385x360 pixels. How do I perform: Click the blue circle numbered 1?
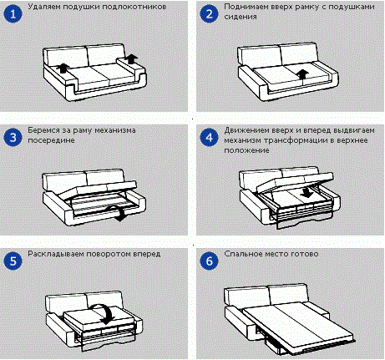(13, 14)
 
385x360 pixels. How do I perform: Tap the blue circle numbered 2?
(209, 14)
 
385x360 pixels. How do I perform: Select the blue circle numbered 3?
(13, 137)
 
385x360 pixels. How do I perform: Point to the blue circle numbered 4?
(209, 137)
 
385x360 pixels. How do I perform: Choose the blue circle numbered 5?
(13, 261)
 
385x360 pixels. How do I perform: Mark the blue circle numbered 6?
(209, 261)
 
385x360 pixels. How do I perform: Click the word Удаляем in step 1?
(44, 7)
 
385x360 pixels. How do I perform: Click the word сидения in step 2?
(241, 17)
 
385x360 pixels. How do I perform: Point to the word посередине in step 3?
(51, 140)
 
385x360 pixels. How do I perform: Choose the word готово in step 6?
(304, 254)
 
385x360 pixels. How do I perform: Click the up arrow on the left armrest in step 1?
(63, 68)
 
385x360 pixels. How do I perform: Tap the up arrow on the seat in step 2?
(301, 74)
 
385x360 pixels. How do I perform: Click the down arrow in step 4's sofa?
(307, 192)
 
